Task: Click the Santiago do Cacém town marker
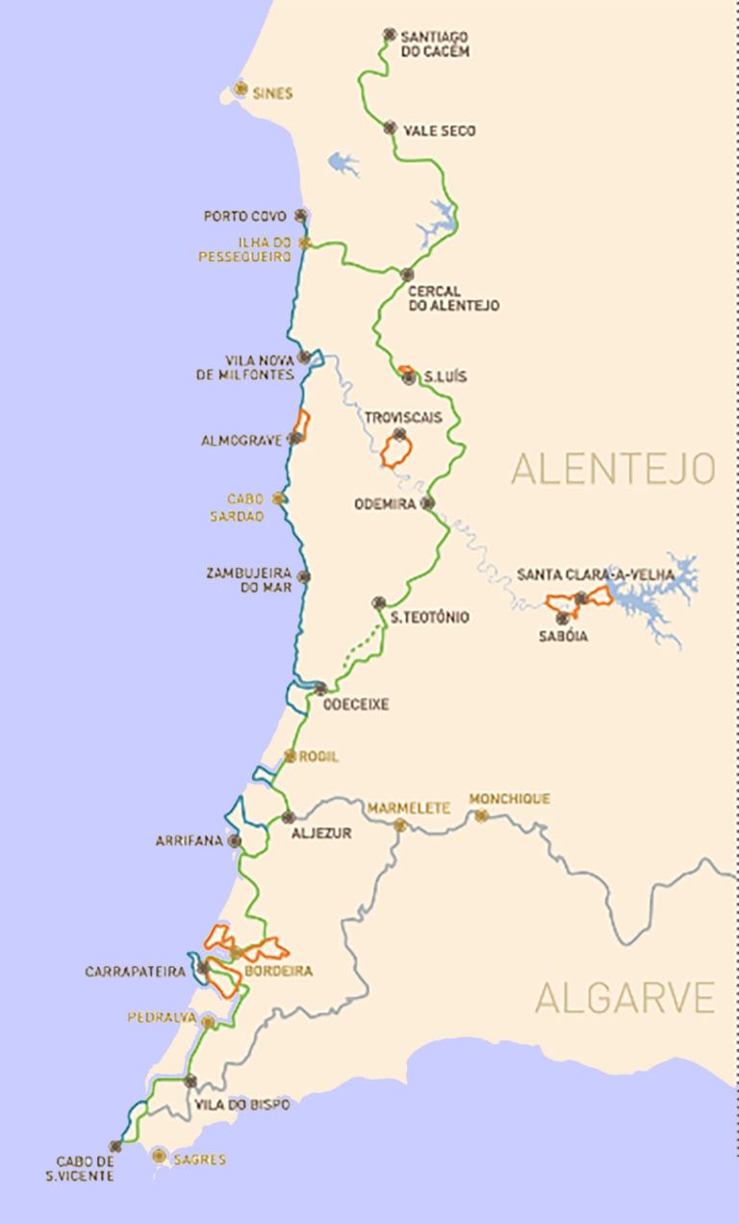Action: pyautogui.click(x=389, y=34)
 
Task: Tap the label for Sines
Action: pyautogui.click(x=272, y=93)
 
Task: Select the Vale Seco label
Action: pyautogui.click(x=439, y=130)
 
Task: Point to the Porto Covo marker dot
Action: pyautogui.click(x=301, y=216)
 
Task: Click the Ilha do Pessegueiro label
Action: pyautogui.click(x=245, y=250)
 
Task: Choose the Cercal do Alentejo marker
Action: pyautogui.click(x=407, y=274)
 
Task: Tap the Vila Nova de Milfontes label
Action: pyautogui.click(x=245, y=367)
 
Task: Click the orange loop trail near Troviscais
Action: pyautogui.click(x=395, y=451)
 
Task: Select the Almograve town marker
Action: pyautogui.click(x=296, y=437)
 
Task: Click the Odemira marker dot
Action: pyautogui.click(x=428, y=502)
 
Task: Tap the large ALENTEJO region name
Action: pyautogui.click(x=613, y=469)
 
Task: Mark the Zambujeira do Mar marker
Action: pyautogui.click(x=303, y=576)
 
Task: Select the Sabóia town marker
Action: pyautogui.click(x=562, y=618)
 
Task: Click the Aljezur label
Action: pyautogui.click(x=321, y=833)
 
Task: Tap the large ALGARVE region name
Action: pyautogui.click(x=624, y=998)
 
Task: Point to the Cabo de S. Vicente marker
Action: pyautogui.click(x=115, y=1146)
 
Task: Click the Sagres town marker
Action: pyautogui.click(x=160, y=1156)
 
